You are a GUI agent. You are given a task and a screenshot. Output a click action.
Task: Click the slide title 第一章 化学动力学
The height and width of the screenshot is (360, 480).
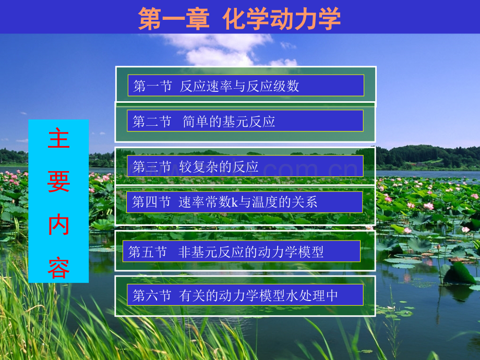[x=239, y=18]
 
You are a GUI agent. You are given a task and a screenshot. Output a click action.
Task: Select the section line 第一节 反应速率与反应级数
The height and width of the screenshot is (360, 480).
[x=216, y=86]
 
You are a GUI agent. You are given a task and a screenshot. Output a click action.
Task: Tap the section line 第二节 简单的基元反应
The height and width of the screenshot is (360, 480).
[x=204, y=122]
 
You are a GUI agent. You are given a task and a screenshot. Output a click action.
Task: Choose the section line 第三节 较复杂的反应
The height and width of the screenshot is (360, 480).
[x=196, y=166]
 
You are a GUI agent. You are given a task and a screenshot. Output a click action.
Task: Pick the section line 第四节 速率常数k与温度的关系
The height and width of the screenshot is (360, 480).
[x=225, y=202]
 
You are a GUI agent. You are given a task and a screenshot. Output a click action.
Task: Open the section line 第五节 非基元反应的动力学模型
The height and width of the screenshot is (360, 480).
[x=226, y=252]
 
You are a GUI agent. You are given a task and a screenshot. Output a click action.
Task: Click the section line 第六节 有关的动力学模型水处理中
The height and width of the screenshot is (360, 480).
[x=235, y=295]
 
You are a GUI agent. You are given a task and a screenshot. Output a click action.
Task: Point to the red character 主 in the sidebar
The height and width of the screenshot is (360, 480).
[x=58, y=138]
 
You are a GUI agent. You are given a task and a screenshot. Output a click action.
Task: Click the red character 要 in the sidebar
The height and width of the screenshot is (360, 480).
[x=58, y=182]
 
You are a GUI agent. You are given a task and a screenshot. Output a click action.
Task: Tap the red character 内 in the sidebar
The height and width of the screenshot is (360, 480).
[x=58, y=225]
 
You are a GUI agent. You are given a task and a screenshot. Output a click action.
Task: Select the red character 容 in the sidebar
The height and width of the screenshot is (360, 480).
[x=58, y=268]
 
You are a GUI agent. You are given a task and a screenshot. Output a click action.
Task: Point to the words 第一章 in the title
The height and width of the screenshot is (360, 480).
[x=174, y=18]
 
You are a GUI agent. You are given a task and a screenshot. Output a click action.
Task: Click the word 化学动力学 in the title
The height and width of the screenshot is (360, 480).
[x=282, y=18]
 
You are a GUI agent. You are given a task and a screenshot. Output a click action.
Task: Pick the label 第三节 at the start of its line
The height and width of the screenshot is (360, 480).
[x=152, y=166]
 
